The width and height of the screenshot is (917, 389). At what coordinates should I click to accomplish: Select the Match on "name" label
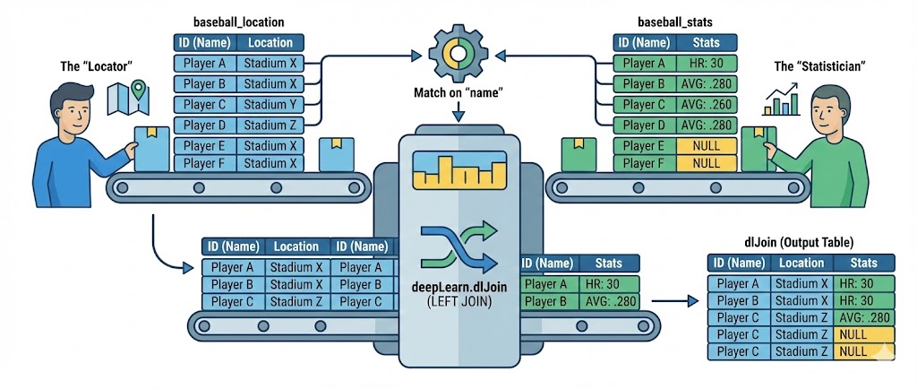(x=458, y=92)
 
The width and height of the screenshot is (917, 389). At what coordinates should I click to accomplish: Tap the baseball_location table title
(x=239, y=21)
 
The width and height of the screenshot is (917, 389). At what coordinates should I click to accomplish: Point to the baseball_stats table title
(x=674, y=21)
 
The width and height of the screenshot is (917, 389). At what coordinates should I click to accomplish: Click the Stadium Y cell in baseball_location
(x=270, y=104)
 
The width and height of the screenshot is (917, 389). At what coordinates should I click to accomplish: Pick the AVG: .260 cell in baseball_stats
(x=707, y=104)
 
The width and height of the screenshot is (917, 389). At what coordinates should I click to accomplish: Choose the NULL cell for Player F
(x=707, y=164)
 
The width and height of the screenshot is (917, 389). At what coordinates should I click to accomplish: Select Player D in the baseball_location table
(x=205, y=125)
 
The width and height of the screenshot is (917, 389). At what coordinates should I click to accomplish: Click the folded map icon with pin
(x=126, y=98)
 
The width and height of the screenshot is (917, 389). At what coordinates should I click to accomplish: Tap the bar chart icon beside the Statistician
(x=781, y=101)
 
